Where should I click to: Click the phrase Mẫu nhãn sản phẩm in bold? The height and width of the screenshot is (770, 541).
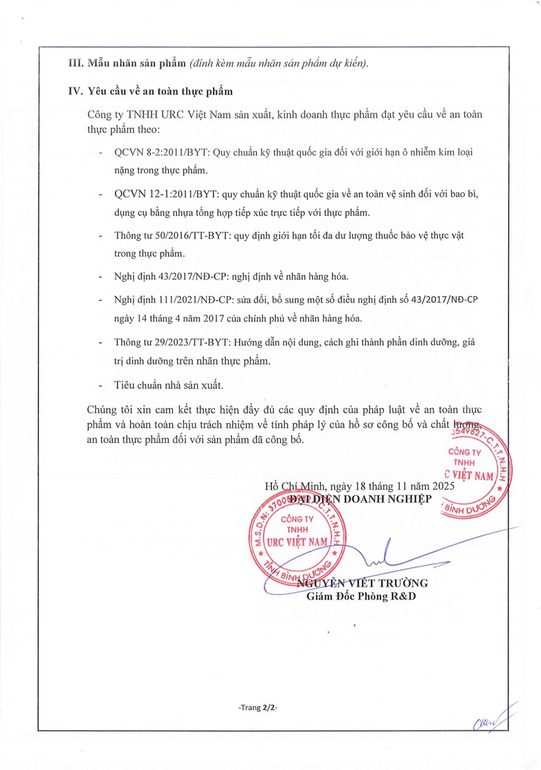137,63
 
